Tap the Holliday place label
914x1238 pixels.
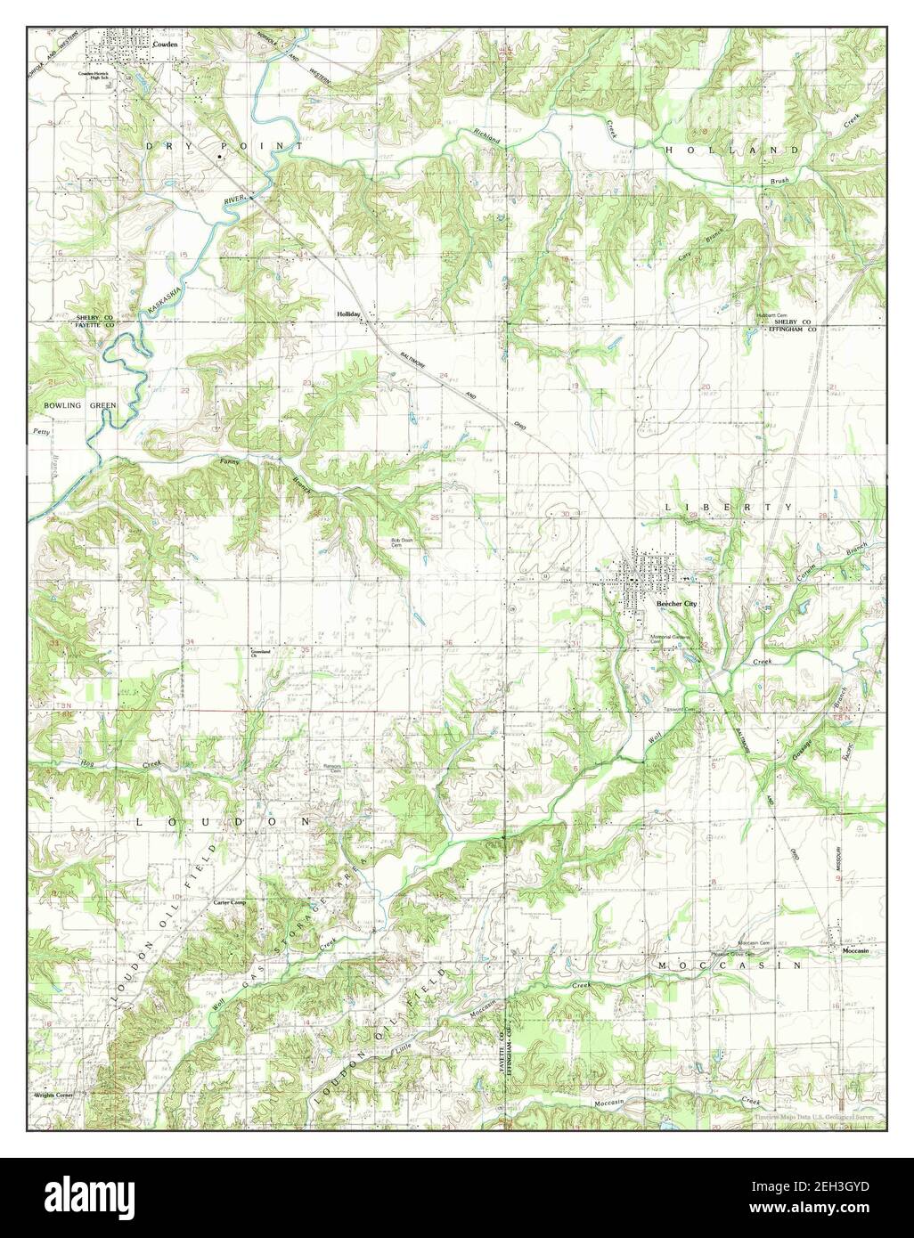[x=347, y=314]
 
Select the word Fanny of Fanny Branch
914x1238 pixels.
[x=229, y=463]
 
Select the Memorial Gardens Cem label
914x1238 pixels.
[x=677, y=639]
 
